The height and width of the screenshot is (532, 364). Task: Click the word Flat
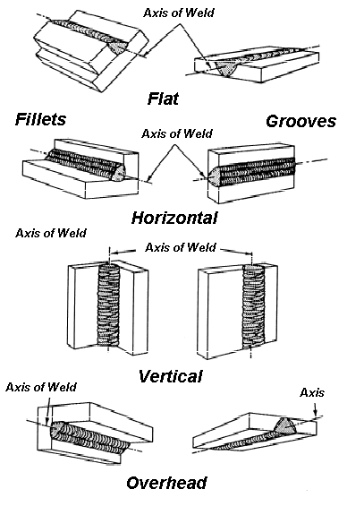tap(163, 99)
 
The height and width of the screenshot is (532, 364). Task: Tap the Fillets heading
tap(40, 119)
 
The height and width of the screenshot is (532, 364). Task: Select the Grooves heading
tap(301, 121)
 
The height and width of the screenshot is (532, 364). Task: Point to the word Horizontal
tap(174, 218)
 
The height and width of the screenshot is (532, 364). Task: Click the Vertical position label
tap(171, 376)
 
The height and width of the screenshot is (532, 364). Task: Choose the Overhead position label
tap(166, 483)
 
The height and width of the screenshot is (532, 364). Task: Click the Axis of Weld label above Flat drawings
tap(179, 13)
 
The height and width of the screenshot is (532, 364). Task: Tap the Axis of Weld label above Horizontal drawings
tap(177, 133)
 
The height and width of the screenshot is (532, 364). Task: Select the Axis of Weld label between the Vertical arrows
tap(181, 247)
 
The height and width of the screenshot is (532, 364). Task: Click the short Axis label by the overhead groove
tap(312, 393)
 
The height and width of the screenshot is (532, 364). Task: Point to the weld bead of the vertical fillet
tap(108, 305)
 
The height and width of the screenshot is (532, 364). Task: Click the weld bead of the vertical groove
tap(253, 307)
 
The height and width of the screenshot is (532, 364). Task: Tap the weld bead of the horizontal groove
tap(252, 171)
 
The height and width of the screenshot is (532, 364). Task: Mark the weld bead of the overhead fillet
tap(89, 438)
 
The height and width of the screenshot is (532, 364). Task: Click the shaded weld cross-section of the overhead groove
tap(285, 426)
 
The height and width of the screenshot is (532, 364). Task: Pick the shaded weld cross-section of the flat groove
tap(226, 69)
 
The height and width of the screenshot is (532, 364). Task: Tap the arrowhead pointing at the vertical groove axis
tap(250, 253)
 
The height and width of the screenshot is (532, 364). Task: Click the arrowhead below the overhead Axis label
tap(315, 413)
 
